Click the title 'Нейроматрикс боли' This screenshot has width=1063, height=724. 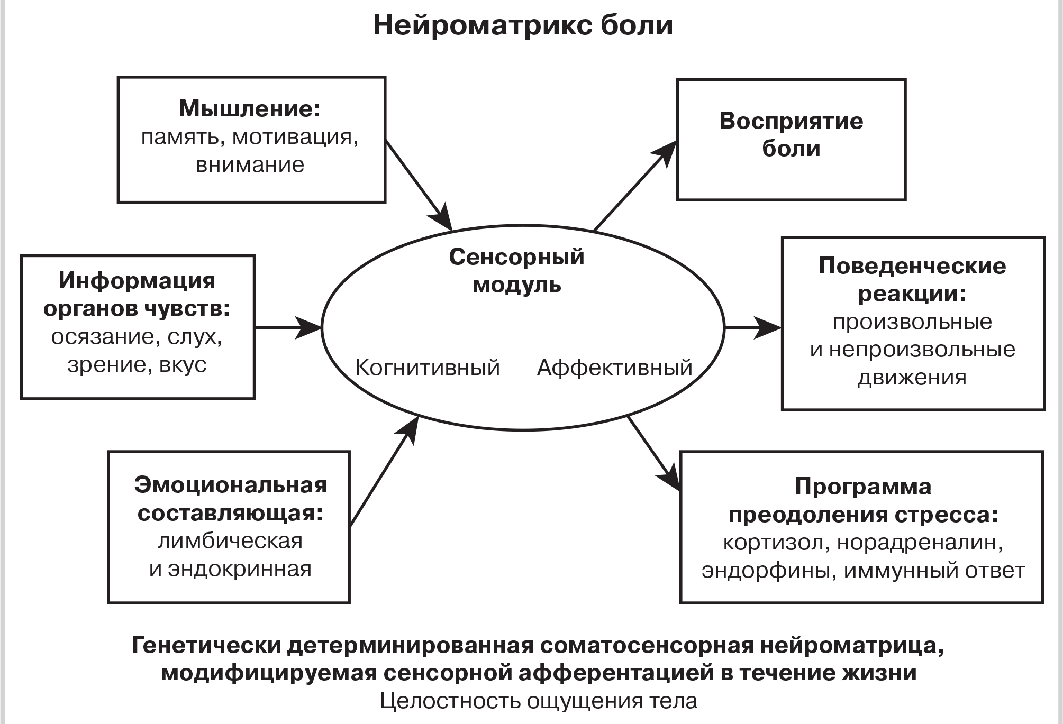click(x=523, y=25)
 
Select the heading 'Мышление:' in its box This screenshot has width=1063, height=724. click(x=250, y=108)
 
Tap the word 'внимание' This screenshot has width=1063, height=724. click(x=250, y=164)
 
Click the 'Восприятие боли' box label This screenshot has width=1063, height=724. click(x=791, y=135)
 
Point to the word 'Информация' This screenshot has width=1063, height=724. click(x=137, y=280)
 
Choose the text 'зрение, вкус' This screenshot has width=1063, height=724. click(x=137, y=364)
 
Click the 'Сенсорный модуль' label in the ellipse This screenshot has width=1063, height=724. click(x=516, y=270)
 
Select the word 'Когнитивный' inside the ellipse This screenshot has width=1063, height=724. click(x=428, y=367)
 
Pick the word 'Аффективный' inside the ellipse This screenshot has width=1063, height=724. click(x=615, y=367)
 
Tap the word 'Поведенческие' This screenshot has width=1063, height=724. click(x=912, y=265)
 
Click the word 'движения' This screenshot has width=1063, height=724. click(x=912, y=378)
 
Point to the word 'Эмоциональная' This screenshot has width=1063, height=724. click(x=230, y=485)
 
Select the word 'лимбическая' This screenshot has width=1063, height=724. click(x=230, y=541)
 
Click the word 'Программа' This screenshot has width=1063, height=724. click(x=863, y=487)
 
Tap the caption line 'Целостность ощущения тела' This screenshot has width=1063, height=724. click(x=539, y=701)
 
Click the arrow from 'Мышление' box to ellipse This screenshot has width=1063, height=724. click(x=418, y=185)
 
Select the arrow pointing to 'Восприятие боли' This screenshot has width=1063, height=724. click(x=635, y=186)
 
